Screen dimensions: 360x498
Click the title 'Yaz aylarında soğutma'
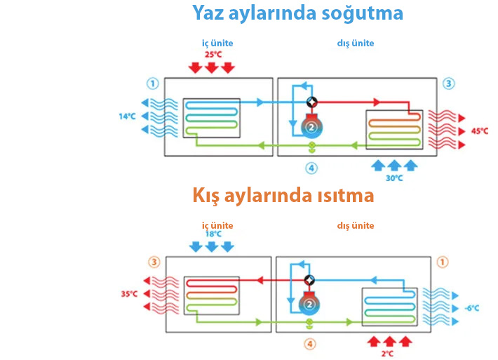tap(298, 13)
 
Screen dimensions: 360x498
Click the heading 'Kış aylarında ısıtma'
tap(283, 196)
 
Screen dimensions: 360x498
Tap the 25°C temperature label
tap(213, 54)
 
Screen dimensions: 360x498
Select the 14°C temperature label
tap(127, 116)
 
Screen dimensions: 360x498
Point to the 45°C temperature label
tap(480, 131)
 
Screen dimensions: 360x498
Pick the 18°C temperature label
tap(213, 234)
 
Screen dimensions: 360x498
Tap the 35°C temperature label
tap(129, 294)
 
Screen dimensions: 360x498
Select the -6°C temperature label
tap(471, 308)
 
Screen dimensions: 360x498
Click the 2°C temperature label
tap(386, 354)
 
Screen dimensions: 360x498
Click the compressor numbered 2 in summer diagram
tap(310, 128)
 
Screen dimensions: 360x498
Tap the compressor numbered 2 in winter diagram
tap(309, 305)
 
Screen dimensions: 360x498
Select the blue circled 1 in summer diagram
tap(152, 84)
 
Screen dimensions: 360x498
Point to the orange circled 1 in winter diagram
tap(442, 262)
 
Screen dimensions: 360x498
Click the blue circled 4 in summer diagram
tap(311, 168)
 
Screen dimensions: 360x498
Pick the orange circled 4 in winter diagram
tap(311, 345)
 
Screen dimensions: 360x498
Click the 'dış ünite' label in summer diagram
tap(356, 43)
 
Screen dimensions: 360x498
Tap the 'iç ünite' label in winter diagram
tap(217, 225)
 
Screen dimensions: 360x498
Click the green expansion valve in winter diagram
tap(311, 324)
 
